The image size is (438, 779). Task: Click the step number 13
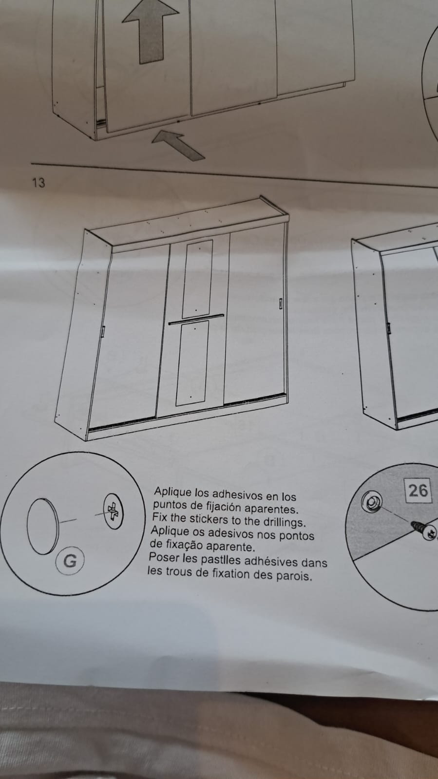pyautogui.click(x=38, y=183)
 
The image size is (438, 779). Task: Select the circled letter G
pyautogui.click(x=70, y=561)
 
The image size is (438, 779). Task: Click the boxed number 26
pyautogui.click(x=418, y=491)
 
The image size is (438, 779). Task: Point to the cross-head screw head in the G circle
pyautogui.click(x=113, y=511)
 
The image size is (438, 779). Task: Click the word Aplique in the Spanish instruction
pyautogui.click(x=172, y=493)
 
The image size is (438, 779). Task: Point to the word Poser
pyautogui.click(x=164, y=557)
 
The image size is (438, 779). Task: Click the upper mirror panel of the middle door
pyautogui.click(x=197, y=278)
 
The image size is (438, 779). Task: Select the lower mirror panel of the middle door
pyautogui.click(x=192, y=363)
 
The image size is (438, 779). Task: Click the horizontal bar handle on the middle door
pyautogui.click(x=196, y=319)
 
